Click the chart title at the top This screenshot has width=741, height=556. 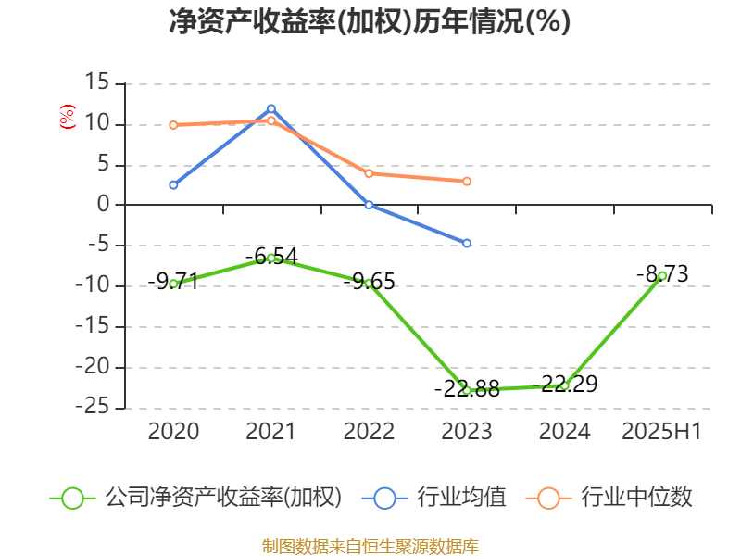[370, 22]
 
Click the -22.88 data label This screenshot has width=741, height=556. [467, 389]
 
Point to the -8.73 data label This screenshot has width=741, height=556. [662, 274]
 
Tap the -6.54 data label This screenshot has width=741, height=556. [271, 256]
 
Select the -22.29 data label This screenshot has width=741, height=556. [564, 383]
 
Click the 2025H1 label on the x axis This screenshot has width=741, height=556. [661, 431]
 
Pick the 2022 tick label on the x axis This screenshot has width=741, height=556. [369, 431]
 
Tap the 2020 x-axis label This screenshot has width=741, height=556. [173, 431]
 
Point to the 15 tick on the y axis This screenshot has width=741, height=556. [97, 83]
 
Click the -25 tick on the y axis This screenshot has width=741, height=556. [93, 408]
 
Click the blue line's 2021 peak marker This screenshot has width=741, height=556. [271, 108]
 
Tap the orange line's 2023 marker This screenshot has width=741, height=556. [467, 181]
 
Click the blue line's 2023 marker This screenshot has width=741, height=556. [467, 243]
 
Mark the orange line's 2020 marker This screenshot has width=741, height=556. [173, 124]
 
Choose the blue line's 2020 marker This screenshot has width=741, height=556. [173, 184]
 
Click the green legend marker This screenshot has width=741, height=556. [73, 498]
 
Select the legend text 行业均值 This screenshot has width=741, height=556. [461, 498]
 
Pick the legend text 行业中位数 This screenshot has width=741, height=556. [636, 498]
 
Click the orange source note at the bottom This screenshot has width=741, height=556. [370, 546]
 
